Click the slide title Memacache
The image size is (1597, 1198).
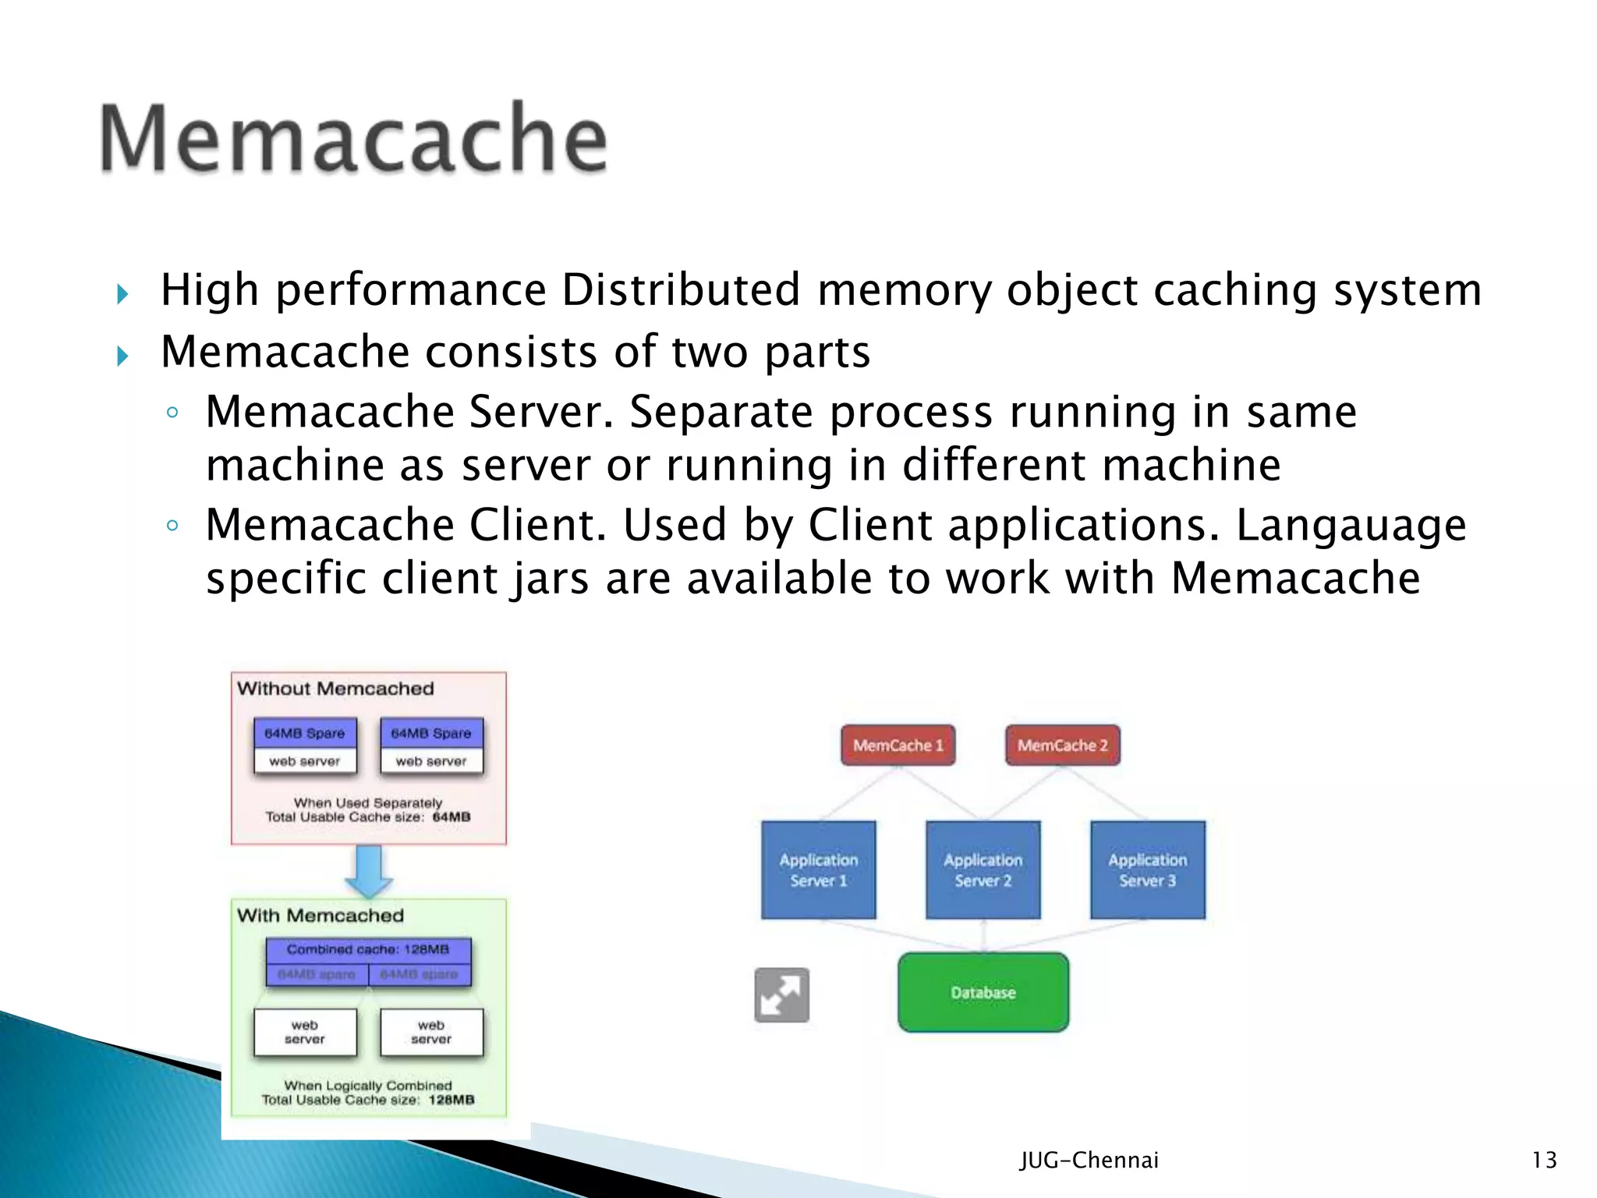tap(353, 139)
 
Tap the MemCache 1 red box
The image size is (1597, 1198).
tap(898, 745)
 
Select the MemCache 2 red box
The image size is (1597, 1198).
tap(1062, 745)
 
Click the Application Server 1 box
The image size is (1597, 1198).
tap(818, 870)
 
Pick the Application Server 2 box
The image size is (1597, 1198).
tap(983, 870)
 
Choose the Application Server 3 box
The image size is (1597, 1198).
tap(1147, 870)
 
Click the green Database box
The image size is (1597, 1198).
tap(983, 992)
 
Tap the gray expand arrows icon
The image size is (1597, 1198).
tap(781, 994)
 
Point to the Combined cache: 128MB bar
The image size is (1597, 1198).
tap(368, 949)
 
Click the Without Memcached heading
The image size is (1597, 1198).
tap(335, 689)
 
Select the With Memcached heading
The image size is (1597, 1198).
tap(320, 916)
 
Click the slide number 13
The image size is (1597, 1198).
tap(1544, 1160)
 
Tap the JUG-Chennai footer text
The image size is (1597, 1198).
tap(1089, 1160)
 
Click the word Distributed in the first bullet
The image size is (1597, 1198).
tap(681, 290)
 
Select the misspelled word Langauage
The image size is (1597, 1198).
tap(1351, 525)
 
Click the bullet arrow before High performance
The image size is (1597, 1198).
tap(122, 294)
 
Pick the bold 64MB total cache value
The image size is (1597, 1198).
tap(451, 817)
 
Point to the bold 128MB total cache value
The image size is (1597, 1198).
tap(451, 1100)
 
